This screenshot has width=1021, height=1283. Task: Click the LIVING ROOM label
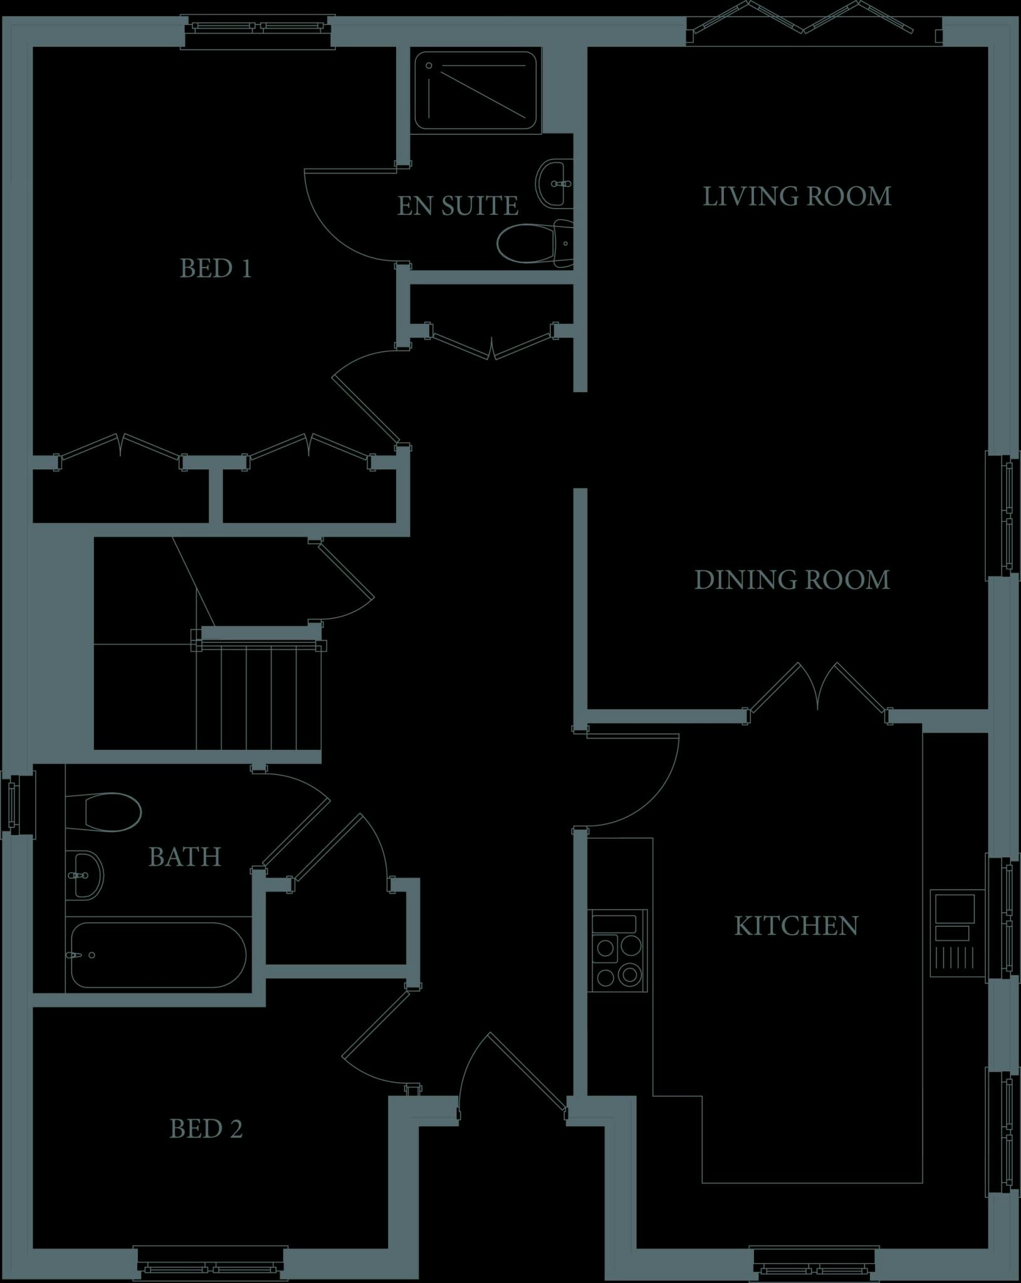pos(797,197)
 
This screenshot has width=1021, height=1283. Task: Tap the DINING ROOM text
pos(792,580)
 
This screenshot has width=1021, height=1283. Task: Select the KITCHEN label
pos(796,927)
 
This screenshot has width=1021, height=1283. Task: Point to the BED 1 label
pos(216,269)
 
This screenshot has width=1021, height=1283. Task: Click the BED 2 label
pos(206,1129)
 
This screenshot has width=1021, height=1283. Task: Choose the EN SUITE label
pos(458,206)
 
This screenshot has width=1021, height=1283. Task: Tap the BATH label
pos(185,857)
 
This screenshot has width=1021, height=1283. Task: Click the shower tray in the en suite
pos(476,91)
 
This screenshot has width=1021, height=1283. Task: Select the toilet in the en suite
pos(535,243)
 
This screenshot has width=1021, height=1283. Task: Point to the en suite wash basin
pos(554,183)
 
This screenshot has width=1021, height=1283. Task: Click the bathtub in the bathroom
pos(158,955)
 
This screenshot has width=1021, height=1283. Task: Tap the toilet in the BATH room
pos(103,813)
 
